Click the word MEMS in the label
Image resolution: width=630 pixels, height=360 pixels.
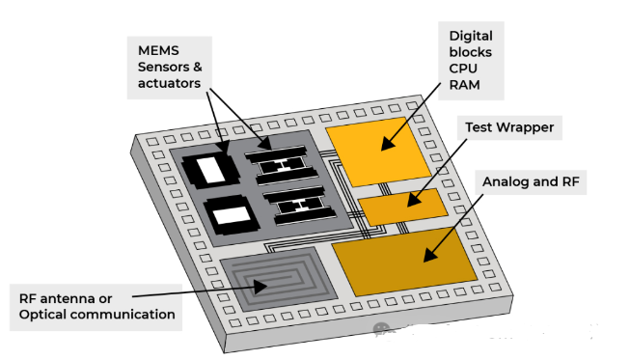158,50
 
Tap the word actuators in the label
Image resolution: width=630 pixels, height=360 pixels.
169,83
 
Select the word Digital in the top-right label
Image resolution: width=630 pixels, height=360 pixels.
471,36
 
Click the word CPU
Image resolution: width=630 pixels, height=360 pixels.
463,69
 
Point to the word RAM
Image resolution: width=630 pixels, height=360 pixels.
464,85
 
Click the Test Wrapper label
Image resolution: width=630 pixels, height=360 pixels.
509,127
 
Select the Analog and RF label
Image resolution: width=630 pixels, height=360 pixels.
531,181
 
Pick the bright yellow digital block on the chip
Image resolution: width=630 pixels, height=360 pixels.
377,152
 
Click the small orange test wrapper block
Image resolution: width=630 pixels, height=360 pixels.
402,207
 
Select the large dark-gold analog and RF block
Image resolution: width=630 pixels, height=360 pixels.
404,262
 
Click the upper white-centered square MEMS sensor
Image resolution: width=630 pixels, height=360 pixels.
211,171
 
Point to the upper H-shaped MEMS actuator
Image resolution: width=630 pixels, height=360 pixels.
282,165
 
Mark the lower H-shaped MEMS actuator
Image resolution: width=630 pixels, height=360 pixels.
300,206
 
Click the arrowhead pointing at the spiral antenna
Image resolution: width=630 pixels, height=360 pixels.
260,287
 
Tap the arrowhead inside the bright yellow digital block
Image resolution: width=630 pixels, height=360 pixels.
388,144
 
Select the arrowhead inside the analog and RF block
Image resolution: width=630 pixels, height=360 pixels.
430,255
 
